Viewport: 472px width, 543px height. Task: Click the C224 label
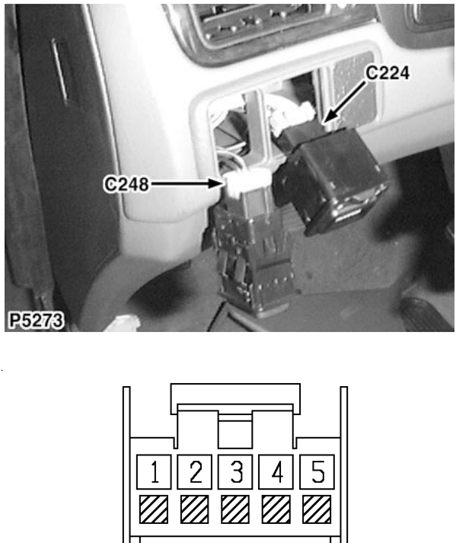(387, 73)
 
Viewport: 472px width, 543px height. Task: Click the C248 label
(126, 184)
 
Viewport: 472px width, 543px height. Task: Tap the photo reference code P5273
(36, 321)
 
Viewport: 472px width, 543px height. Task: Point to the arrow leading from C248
(186, 184)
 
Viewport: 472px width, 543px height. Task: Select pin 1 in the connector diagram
(154, 471)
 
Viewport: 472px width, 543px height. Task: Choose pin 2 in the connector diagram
(195, 471)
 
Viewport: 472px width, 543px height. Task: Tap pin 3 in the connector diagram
(235, 471)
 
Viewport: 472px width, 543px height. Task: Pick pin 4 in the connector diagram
(276, 471)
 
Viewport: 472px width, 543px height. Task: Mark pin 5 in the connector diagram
(317, 471)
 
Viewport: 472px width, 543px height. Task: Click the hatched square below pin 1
(154, 509)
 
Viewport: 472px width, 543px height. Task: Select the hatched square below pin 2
(195, 509)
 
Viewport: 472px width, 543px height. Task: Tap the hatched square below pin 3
(235, 509)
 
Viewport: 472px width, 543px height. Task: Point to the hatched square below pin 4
(276, 509)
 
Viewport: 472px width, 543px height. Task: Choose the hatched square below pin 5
(317, 509)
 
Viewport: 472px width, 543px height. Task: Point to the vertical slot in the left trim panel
(59, 71)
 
